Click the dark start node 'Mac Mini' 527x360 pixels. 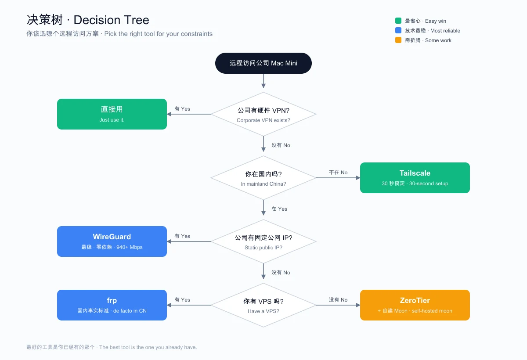click(263, 63)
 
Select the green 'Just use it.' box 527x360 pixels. click(112, 114)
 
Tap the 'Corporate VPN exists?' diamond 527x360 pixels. click(263, 114)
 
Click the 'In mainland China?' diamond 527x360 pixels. click(263, 178)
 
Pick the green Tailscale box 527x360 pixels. click(415, 178)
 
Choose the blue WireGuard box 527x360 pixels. click(112, 241)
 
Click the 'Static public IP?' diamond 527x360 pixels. click(263, 241)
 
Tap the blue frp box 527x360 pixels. click(112, 305)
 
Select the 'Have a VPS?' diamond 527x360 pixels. click(263, 305)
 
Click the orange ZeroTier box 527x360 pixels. click(415, 305)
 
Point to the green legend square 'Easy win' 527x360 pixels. click(398, 21)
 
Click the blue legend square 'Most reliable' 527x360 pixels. click(398, 30)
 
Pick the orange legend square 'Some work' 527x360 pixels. click(398, 40)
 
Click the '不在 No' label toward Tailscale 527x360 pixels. click(338, 173)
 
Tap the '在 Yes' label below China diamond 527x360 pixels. click(279, 209)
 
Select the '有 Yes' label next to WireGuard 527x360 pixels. click(182, 236)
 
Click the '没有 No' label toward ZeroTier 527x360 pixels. click(338, 300)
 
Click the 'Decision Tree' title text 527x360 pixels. click(111, 20)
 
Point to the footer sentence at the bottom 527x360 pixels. click(112, 347)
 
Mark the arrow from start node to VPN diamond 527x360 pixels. click(263, 81)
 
